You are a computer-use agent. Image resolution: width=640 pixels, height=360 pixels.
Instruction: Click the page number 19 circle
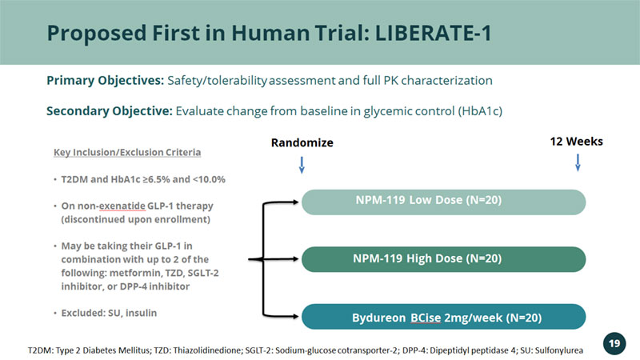(x=614, y=344)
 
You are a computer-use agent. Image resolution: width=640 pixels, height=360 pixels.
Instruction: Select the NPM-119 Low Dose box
(x=444, y=202)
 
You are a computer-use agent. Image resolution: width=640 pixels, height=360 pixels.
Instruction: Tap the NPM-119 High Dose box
(x=444, y=259)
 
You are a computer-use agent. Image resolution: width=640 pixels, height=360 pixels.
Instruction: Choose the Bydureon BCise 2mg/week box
(x=444, y=317)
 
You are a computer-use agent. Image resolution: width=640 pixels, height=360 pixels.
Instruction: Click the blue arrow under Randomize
(x=302, y=165)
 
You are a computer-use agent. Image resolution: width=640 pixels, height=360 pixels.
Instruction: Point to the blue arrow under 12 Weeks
(x=578, y=162)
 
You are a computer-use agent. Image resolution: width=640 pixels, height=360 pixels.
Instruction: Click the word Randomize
(x=302, y=142)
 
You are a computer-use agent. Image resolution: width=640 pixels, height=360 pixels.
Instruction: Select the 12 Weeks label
(x=576, y=142)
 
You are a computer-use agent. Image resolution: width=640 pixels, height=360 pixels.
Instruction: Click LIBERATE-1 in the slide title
(x=433, y=33)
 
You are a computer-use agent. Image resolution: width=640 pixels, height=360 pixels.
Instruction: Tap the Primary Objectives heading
(x=106, y=81)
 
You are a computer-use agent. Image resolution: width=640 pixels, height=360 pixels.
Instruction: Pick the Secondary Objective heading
(x=110, y=111)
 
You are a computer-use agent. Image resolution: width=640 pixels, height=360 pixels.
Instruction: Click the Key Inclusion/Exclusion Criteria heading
(x=127, y=152)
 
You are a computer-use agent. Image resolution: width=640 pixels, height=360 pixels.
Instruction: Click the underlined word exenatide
(x=122, y=206)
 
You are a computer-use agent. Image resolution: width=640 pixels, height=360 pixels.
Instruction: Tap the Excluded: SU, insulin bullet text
(x=109, y=313)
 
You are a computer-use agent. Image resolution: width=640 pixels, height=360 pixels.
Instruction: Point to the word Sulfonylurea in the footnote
(x=558, y=350)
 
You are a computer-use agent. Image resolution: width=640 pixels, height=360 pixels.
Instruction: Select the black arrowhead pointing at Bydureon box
(x=294, y=316)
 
